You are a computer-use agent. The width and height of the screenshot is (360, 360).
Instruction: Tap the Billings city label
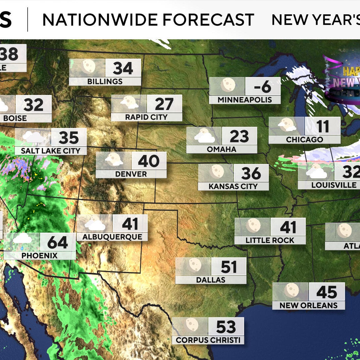pyautogui.click(x=105, y=81)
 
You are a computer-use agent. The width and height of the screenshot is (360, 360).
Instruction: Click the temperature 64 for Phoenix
pyautogui.click(x=58, y=242)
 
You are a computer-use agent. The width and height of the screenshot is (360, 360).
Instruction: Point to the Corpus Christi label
pyautogui.click(x=208, y=340)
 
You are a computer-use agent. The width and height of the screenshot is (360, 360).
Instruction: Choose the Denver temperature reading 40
pyautogui.click(x=149, y=161)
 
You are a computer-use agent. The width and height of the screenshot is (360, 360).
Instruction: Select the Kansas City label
pyautogui.click(x=233, y=186)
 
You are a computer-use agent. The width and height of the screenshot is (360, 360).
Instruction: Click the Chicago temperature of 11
pyautogui.click(x=322, y=126)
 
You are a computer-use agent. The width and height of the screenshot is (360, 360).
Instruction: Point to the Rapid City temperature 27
pyautogui.click(x=164, y=104)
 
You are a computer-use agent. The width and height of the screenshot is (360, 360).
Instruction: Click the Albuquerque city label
pyautogui.click(x=112, y=237)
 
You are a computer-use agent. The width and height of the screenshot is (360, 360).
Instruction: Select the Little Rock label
pyautogui.click(x=270, y=240)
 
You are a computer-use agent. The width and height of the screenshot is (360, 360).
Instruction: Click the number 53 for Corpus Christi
pyautogui.click(x=226, y=327)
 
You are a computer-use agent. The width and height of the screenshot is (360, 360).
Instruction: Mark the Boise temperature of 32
pyautogui.click(x=33, y=105)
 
